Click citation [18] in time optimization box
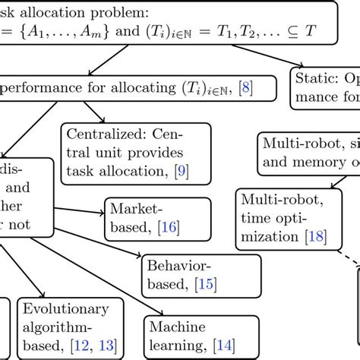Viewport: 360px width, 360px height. click(316, 236)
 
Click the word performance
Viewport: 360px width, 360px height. click(44, 88)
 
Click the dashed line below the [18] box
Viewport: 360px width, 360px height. click(346, 270)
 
